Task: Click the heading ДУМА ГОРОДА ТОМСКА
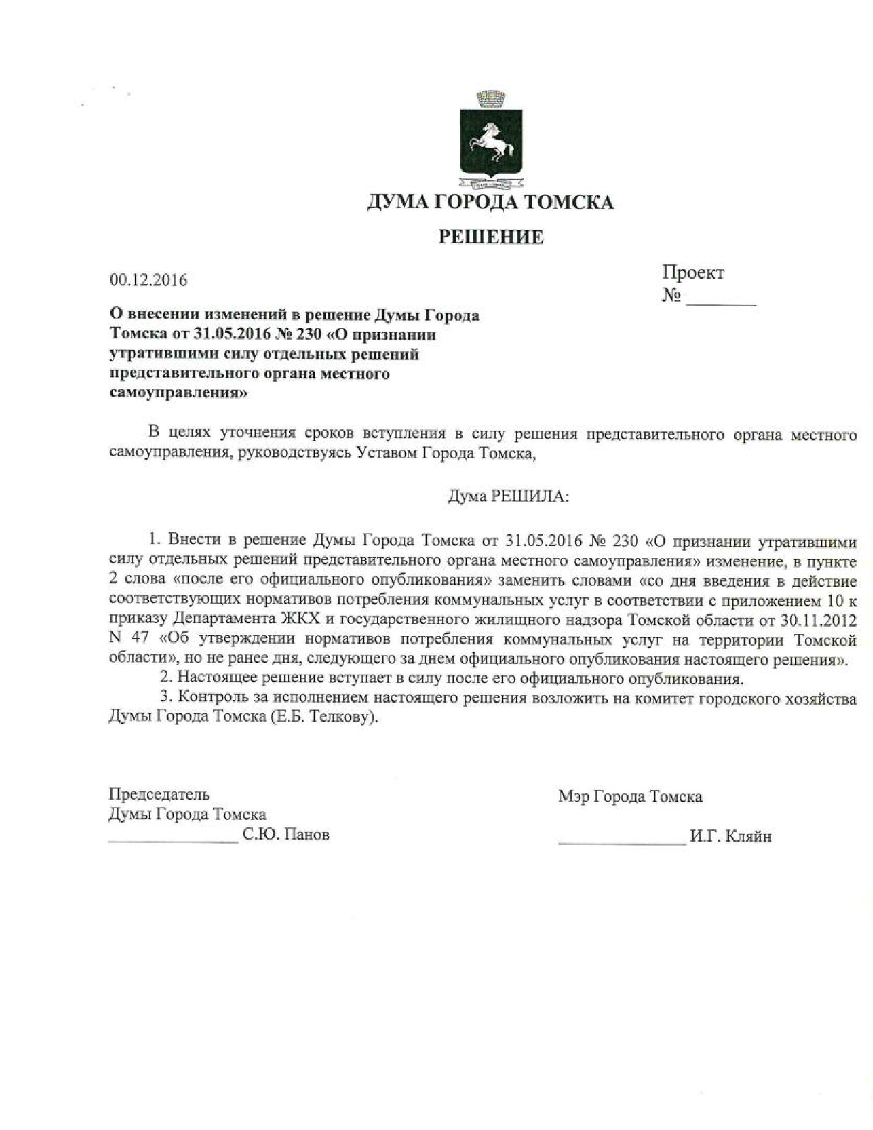click(x=490, y=203)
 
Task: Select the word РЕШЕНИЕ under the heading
click(x=490, y=238)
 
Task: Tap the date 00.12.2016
click(x=148, y=280)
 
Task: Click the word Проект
click(x=692, y=273)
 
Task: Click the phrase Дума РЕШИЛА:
click(x=508, y=496)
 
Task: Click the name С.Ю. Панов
click(x=286, y=835)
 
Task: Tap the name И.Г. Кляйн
click(x=731, y=837)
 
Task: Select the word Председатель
click(x=159, y=794)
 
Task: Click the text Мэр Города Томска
click(x=630, y=797)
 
